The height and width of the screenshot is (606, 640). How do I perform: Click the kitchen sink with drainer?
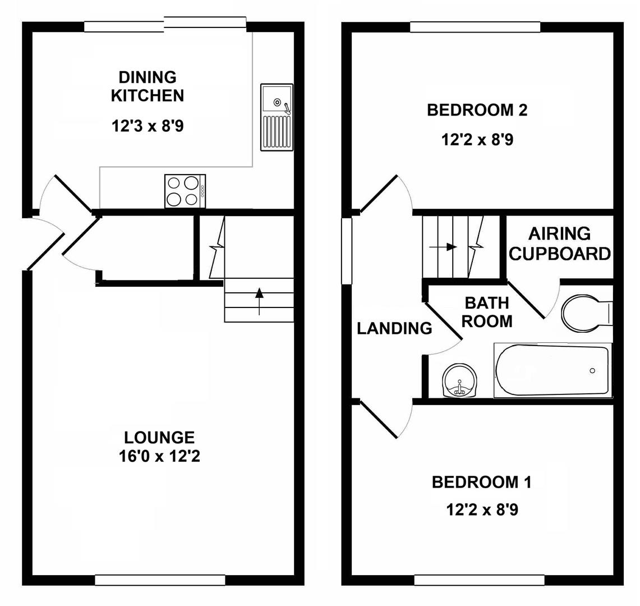pyautogui.click(x=277, y=117)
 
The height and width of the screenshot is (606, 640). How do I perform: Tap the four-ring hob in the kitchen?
pyautogui.click(x=185, y=191)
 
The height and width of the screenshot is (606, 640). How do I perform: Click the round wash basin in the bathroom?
pyautogui.click(x=459, y=381)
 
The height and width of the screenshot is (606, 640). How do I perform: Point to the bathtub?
pyautogui.click(x=552, y=370)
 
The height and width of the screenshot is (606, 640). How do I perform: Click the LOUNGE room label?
pyautogui.click(x=159, y=437)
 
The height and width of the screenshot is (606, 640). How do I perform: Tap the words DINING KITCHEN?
pyautogui.click(x=147, y=86)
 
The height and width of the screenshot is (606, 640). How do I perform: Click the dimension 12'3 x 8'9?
pyautogui.click(x=147, y=126)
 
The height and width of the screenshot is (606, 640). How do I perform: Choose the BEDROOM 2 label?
pyautogui.click(x=477, y=110)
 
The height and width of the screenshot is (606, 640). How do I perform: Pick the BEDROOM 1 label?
pyautogui.click(x=481, y=482)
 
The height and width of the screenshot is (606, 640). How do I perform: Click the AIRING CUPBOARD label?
pyautogui.click(x=560, y=244)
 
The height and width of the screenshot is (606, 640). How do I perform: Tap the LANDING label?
pyautogui.click(x=394, y=328)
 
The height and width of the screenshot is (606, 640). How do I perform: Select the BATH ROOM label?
pyautogui.click(x=487, y=312)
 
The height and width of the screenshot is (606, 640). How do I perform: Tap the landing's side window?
pyautogui.click(x=347, y=250)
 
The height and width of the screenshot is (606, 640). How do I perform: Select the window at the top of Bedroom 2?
pyautogui.click(x=475, y=27)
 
